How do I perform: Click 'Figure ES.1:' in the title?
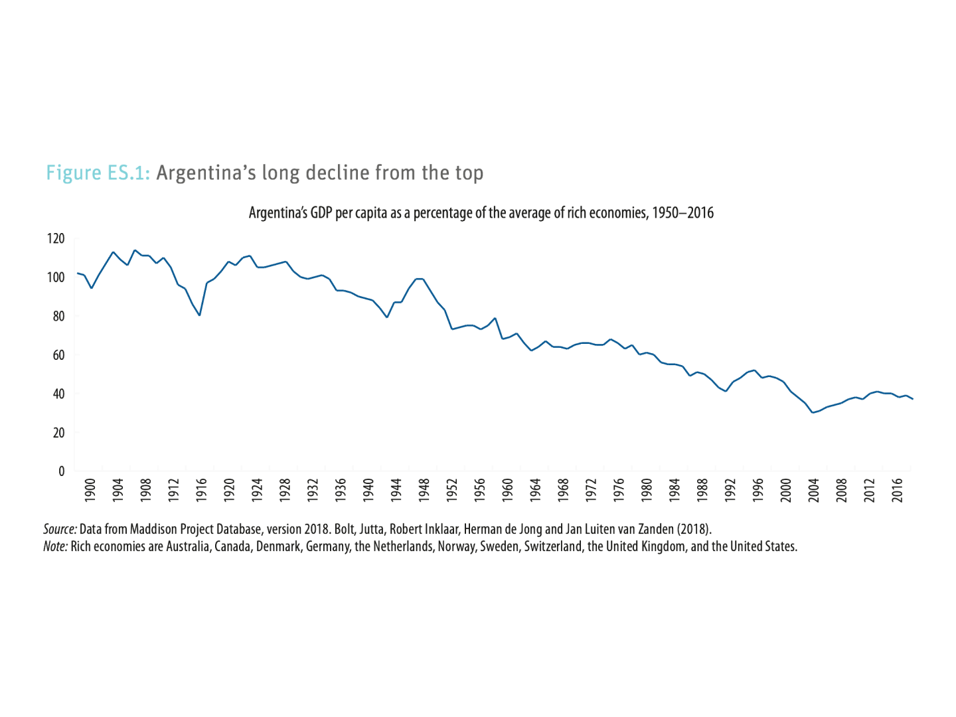[x=99, y=173]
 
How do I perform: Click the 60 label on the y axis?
[x=59, y=355]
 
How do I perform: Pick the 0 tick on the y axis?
[x=62, y=471]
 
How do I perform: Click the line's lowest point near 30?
[x=812, y=413]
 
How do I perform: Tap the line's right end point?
[x=914, y=399]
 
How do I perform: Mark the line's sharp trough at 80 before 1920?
[x=200, y=315]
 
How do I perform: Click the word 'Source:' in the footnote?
[x=60, y=530]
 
